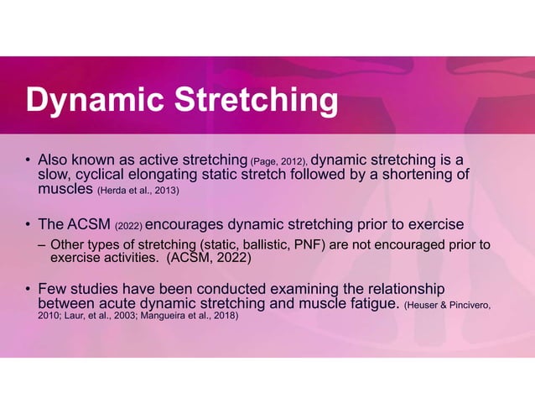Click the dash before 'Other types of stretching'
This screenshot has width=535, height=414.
click(x=41, y=244)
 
